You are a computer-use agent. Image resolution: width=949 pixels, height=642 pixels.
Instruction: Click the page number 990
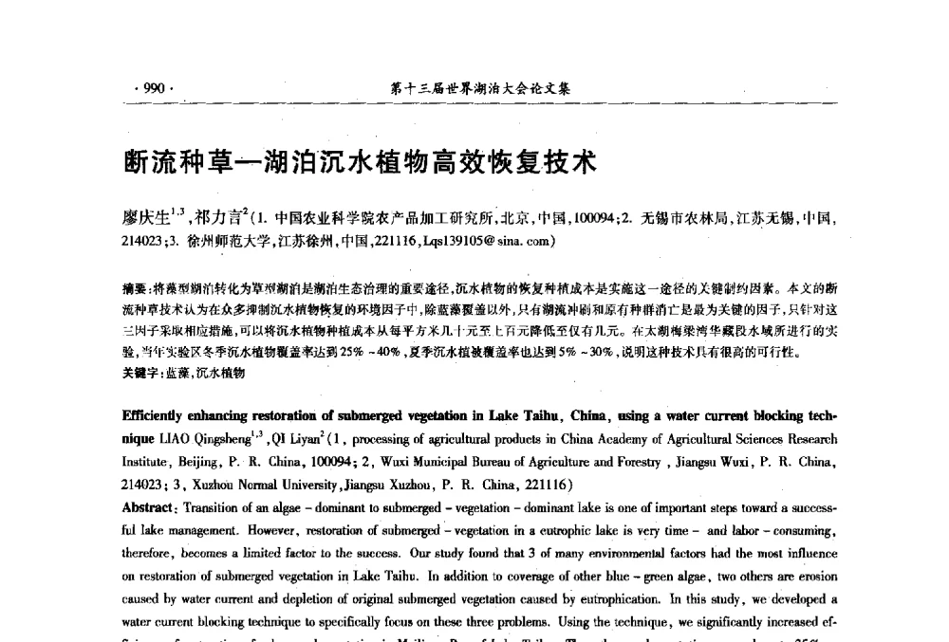(153, 89)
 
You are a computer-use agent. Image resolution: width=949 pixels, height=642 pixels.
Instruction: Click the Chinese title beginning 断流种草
(360, 161)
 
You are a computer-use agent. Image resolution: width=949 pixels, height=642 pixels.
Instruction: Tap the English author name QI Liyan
(301, 439)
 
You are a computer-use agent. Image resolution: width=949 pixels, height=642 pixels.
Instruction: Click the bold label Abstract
(150, 507)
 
